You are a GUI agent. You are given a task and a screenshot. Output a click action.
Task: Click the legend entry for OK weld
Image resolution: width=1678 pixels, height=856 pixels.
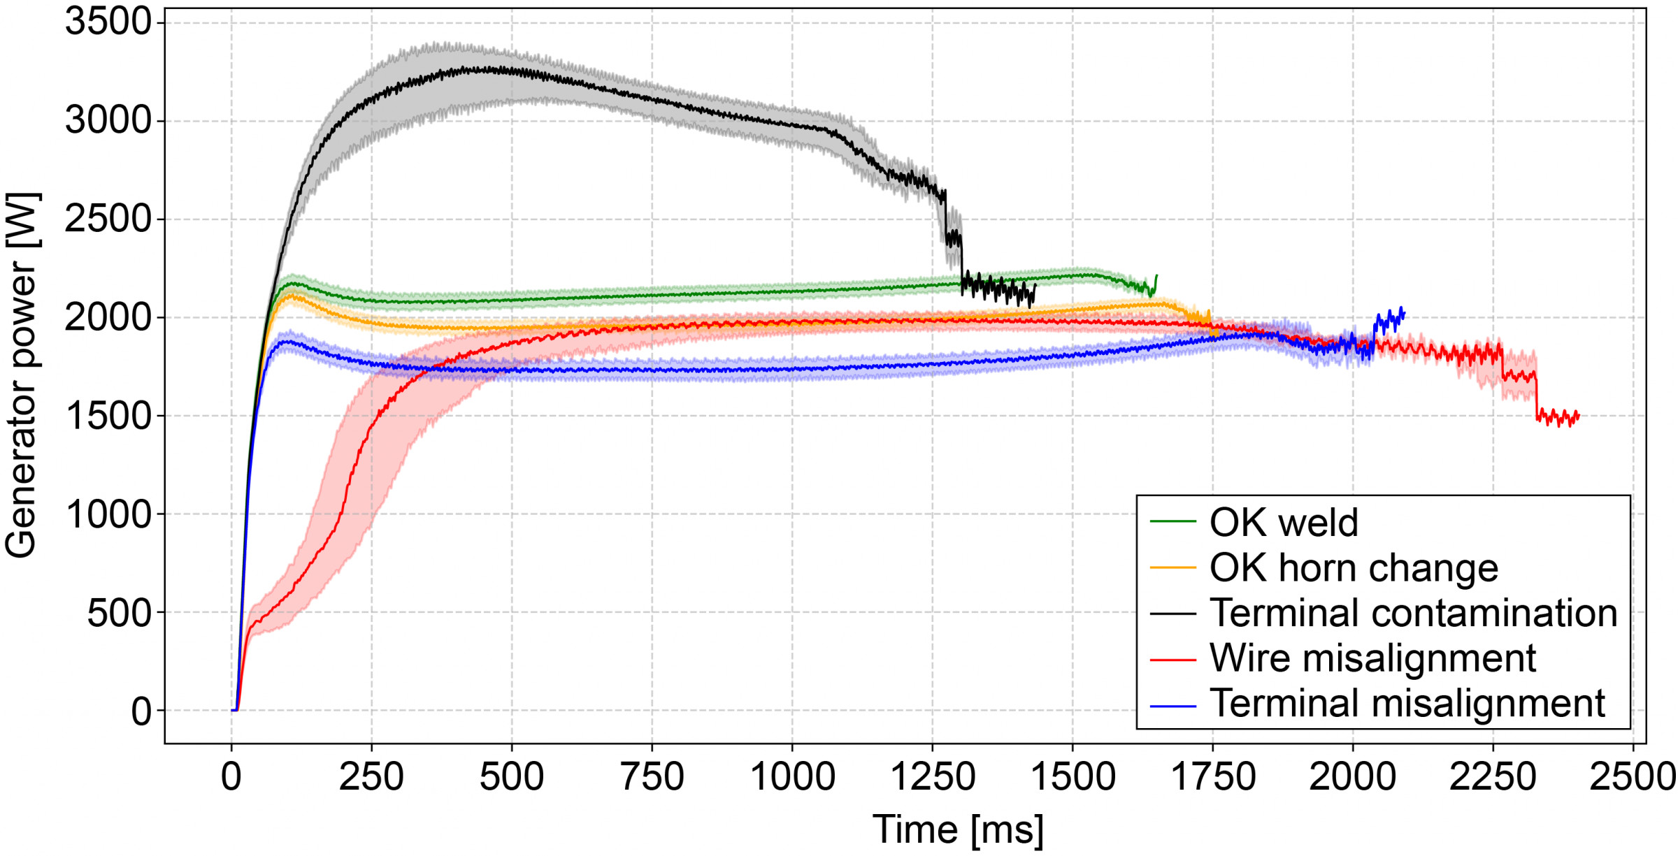click(x=1284, y=523)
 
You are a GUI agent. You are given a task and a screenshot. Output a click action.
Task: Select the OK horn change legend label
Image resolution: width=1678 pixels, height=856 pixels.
click(x=1354, y=567)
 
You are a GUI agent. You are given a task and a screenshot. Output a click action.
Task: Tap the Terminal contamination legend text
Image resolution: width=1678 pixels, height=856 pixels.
click(x=1413, y=613)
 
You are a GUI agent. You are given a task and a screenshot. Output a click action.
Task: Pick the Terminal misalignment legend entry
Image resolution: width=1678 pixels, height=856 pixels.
click(x=1407, y=703)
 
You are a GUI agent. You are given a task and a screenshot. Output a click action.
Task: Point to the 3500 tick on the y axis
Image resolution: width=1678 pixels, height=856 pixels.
click(x=108, y=22)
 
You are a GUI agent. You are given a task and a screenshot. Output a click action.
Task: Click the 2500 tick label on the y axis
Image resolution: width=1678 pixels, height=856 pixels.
click(x=108, y=219)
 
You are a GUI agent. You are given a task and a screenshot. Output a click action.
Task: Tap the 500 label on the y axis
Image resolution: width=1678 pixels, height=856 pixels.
click(x=119, y=613)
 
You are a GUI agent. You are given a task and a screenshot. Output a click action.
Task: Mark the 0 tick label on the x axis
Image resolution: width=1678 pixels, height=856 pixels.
click(x=231, y=777)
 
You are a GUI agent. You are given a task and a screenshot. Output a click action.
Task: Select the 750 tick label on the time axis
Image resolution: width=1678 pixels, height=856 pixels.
click(x=652, y=777)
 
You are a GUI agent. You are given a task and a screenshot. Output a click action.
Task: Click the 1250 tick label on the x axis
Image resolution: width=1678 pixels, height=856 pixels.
click(x=933, y=777)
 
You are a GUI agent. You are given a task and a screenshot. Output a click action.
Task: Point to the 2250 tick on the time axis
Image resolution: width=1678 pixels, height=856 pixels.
click(x=1493, y=777)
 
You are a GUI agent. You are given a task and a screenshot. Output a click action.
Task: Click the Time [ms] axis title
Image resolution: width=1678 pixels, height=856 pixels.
click(x=958, y=830)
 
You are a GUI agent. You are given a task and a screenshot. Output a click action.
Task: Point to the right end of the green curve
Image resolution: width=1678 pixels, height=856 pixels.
click(x=1156, y=276)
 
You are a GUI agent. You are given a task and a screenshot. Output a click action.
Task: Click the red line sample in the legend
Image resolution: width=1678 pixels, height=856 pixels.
click(x=1173, y=658)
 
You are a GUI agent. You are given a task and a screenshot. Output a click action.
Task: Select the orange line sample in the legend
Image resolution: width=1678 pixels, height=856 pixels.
click(x=1173, y=568)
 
